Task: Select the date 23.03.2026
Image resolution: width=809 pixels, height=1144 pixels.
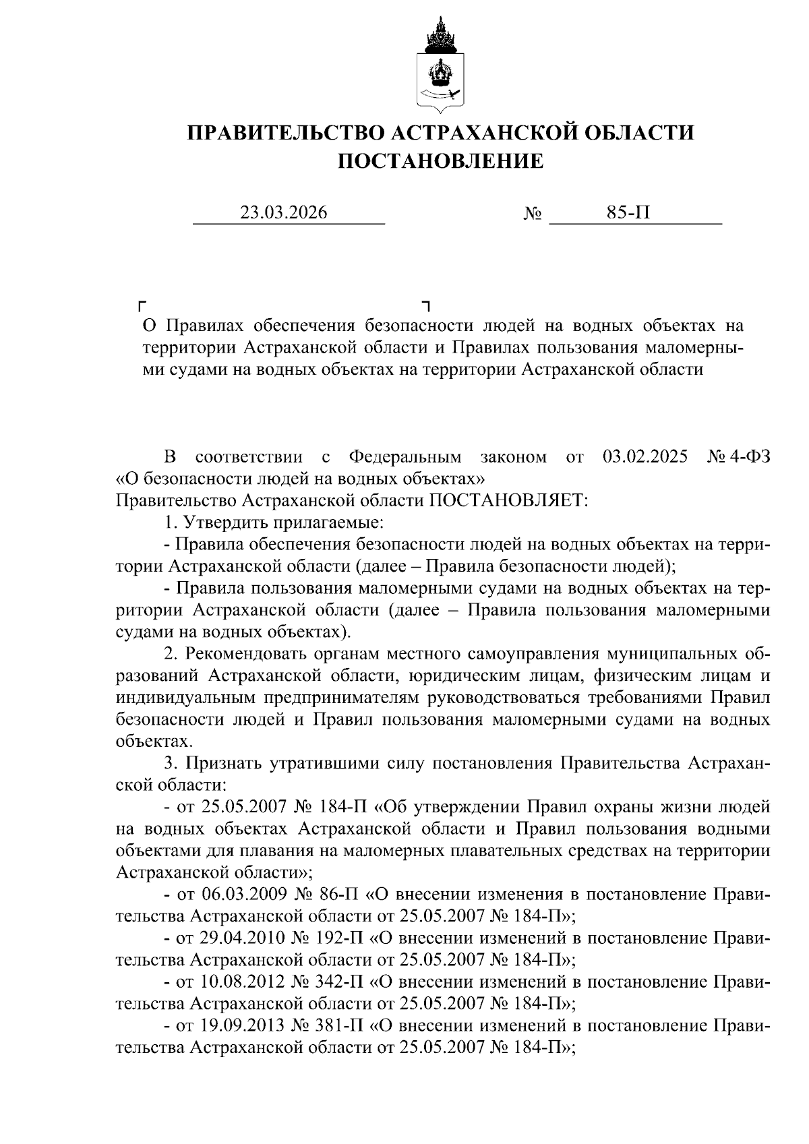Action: pos(284,213)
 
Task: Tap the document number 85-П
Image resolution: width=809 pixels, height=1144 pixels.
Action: pos(628,213)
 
